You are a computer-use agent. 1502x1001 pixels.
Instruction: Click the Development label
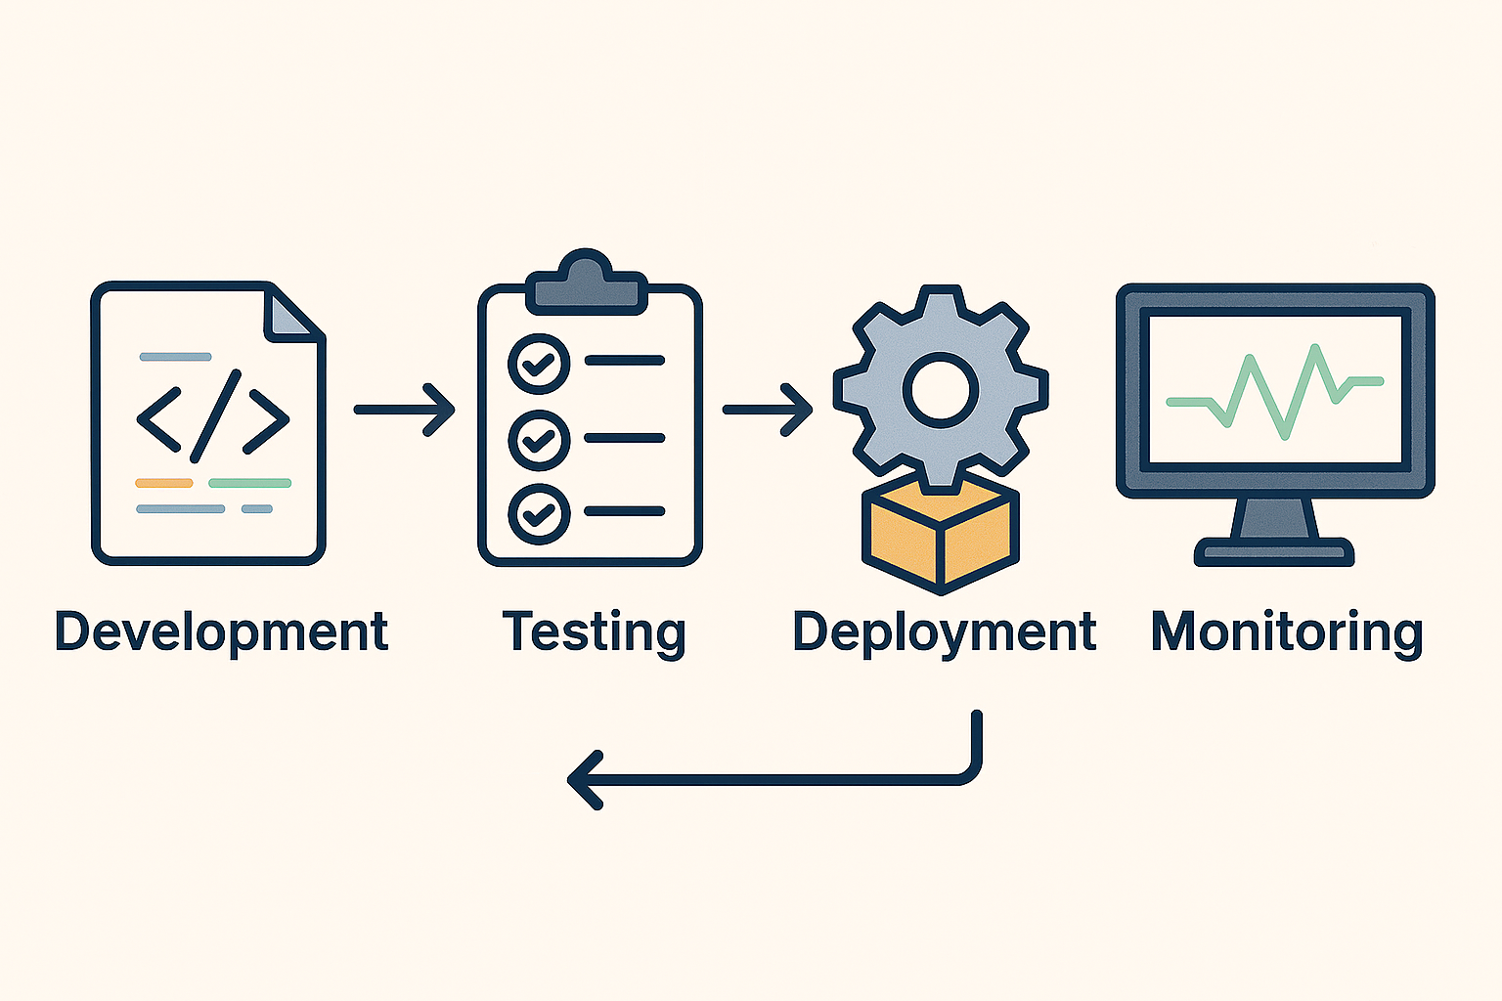point(221,631)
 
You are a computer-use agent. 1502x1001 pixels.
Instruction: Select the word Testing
point(593,631)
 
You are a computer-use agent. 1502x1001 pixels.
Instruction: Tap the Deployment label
point(944,631)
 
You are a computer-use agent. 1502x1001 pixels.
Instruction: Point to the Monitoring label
point(1286,631)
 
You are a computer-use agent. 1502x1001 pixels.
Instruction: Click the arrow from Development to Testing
point(404,410)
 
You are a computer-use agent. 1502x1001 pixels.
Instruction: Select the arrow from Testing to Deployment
point(768,410)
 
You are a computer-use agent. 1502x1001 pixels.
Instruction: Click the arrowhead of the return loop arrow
point(585,780)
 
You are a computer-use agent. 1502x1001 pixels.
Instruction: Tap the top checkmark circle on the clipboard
point(539,363)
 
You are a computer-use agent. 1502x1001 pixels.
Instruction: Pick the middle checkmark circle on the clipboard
point(539,439)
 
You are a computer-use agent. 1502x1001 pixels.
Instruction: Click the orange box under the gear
point(940,533)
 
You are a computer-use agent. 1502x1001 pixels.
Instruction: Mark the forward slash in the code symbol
point(215,415)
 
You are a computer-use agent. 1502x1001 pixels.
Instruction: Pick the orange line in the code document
point(163,483)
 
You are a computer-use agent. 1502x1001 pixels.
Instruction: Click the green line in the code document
point(249,483)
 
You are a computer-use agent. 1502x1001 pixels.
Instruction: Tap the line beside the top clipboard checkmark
point(624,361)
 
